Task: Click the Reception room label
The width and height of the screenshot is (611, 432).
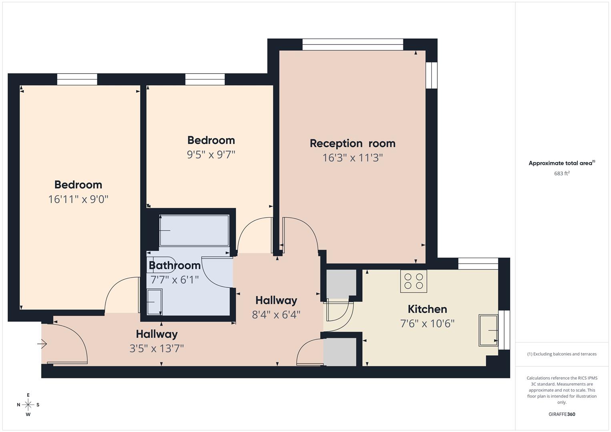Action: click(x=353, y=143)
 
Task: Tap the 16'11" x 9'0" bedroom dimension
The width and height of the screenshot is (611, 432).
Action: click(x=78, y=199)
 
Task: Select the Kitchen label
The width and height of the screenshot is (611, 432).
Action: click(x=427, y=309)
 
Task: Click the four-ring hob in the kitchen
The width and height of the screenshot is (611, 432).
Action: click(x=414, y=281)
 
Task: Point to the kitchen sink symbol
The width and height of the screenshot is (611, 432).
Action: click(x=488, y=330)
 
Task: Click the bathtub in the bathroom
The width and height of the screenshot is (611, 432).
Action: click(x=194, y=231)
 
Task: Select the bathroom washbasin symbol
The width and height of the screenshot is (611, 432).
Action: click(x=154, y=302)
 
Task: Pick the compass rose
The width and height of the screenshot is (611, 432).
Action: click(x=28, y=405)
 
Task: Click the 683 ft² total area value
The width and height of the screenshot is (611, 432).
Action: click(x=561, y=174)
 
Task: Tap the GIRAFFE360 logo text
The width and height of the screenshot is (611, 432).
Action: click(x=561, y=414)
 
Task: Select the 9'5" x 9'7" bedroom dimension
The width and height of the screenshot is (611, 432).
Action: click(x=211, y=154)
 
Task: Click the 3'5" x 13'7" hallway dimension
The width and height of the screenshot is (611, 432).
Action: click(x=156, y=348)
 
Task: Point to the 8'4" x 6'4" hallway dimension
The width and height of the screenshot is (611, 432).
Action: click(x=276, y=315)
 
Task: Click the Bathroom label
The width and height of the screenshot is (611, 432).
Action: click(x=174, y=265)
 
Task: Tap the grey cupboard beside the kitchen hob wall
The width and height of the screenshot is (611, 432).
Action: click(x=341, y=284)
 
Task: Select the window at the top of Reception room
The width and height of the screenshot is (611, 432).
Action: click(x=353, y=44)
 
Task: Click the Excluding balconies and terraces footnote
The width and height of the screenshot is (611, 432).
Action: click(x=562, y=354)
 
